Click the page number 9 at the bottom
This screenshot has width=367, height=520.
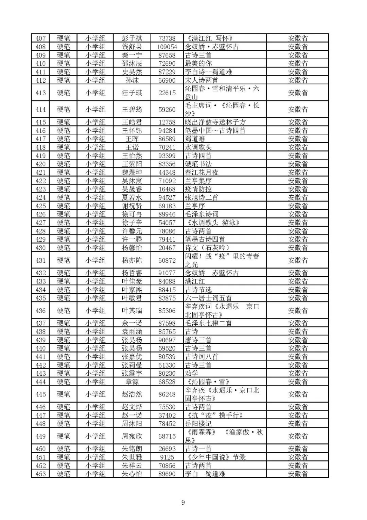pos(183,502)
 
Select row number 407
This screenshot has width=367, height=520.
pos(40,38)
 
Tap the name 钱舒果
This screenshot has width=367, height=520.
pos(132,47)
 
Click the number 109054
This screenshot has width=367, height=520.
pos(167,47)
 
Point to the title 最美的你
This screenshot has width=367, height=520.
pos(198,63)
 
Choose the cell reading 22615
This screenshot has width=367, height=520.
pos(167,93)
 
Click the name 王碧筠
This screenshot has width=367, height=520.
pos(132,109)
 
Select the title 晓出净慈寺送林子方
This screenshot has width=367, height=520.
pos(215,122)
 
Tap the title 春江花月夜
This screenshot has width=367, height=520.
pos(202,172)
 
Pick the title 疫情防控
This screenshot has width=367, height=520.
pos(198,189)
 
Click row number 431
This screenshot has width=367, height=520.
pos(40,260)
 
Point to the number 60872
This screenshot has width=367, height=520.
pos(167,260)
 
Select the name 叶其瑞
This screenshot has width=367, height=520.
pos(132,310)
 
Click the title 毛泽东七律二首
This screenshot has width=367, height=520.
pos(208,323)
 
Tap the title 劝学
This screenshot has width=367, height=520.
pos(192,373)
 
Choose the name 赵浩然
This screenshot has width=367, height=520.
pos(132,394)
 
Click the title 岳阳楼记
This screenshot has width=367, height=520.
pos(198,423)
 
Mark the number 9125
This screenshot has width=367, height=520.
pos(167,457)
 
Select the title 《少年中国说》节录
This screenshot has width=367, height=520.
pos(215,457)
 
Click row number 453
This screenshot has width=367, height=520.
pos(40,474)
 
